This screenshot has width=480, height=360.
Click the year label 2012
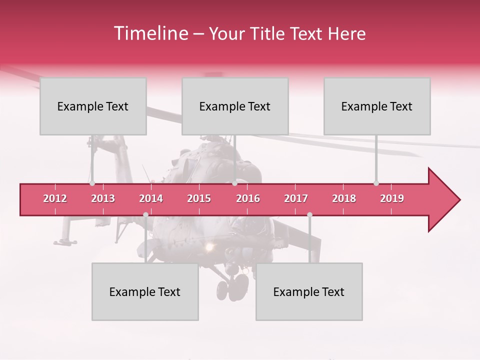point(55,198)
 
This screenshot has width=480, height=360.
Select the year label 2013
point(103,198)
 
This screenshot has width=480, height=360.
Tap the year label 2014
point(151,198)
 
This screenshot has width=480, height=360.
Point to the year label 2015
point(199,198)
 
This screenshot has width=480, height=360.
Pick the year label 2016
point(248,198)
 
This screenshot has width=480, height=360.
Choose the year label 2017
point(296,198)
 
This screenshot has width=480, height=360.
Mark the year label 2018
point(344,198)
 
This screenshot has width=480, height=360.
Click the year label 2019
point(392,198)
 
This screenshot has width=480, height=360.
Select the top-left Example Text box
point(93,106)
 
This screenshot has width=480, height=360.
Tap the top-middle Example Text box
point(235,106)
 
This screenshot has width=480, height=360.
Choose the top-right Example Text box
point(377,106)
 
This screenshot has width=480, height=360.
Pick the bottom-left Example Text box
point(145,291)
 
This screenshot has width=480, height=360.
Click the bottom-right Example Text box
point(309,291)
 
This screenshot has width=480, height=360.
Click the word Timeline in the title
point(150,33)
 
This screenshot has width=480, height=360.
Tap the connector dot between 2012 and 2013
point(92,183)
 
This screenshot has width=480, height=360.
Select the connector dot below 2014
point(145,214)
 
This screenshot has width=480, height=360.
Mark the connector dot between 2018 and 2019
point(376,183)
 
